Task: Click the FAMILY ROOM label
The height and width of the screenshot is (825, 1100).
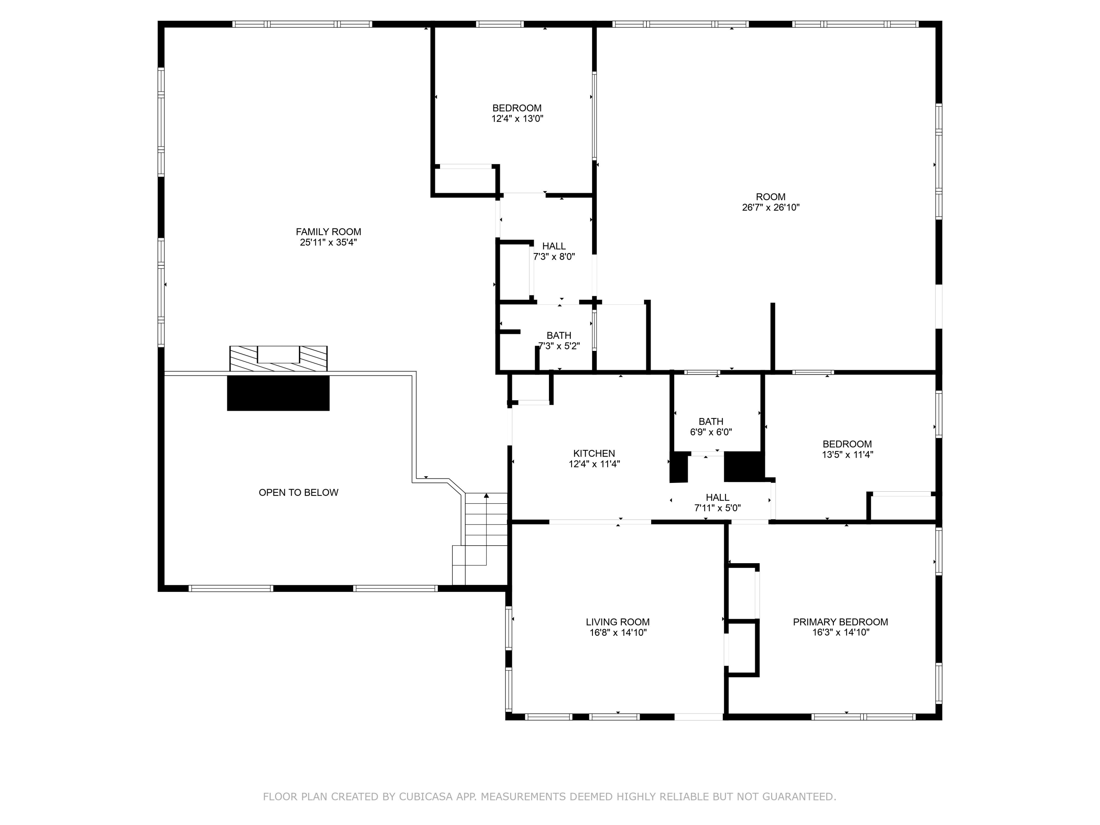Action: tap(328, 232)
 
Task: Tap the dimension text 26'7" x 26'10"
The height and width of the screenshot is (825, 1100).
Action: tap(770, 208)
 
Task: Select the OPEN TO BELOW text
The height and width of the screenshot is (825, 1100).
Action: tap(298, 492)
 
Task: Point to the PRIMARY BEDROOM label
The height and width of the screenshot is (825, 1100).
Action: tap(840, 621)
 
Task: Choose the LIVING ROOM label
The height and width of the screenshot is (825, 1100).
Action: tap(617, 621)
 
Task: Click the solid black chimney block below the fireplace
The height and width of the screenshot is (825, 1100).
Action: tap(278, 393)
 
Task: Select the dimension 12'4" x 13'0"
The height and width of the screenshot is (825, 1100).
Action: tap(517, 119)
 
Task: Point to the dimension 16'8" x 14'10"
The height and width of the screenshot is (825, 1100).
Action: tap(617, 632)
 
